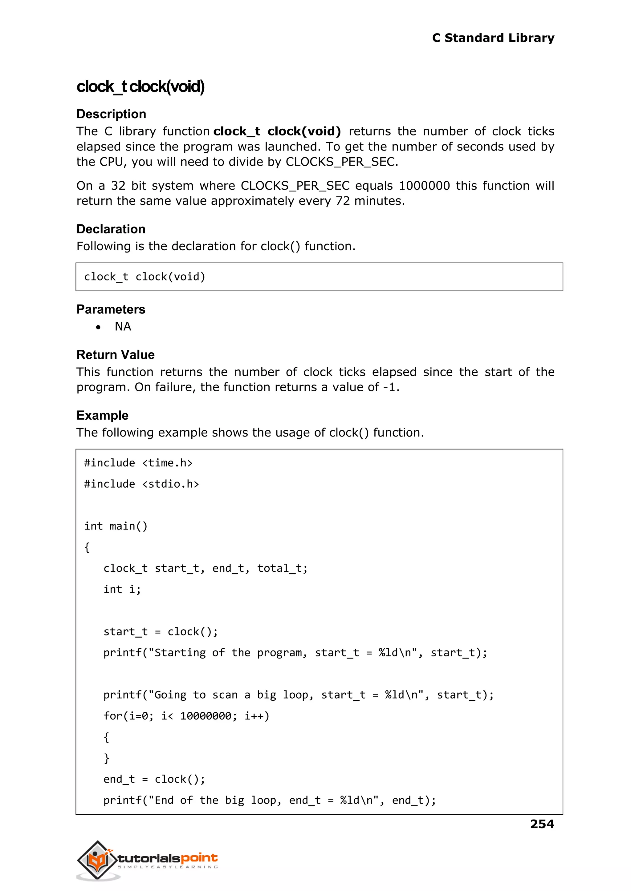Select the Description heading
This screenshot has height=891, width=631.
pyautogui.click(x=111, y=114)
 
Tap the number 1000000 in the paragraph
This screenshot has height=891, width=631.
pyautogui.click(x=424, y=186)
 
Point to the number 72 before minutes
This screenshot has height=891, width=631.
pyautogui.click(x=343, y=201)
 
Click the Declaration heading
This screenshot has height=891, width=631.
pyautogui.click(x=111, y=229)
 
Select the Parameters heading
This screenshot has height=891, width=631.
pyautogui.click(x=111, y=309)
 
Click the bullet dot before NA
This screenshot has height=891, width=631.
pyautogui.click(x=98, y=327)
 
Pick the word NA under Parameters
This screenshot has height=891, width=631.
pyautogui.click(x=123, y=327)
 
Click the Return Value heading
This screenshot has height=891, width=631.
pyautogui.click(x=116, y=355)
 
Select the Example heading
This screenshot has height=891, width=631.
pyautogui.click(x=102, y=415)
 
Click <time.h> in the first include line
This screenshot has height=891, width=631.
pyautogui.click(x=167, y=463)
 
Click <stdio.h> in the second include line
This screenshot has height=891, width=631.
pyautogui.click(x=170, y=484)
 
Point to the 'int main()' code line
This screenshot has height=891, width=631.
pyautogui.click(x=116, y=526)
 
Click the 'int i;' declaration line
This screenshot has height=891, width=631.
pyautogui.click(x=122, y=589)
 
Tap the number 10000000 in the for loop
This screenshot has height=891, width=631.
pyautogui.click(x=206, y=716)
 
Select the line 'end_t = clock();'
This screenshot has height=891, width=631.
pyautogui.click(x=154, y=779)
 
